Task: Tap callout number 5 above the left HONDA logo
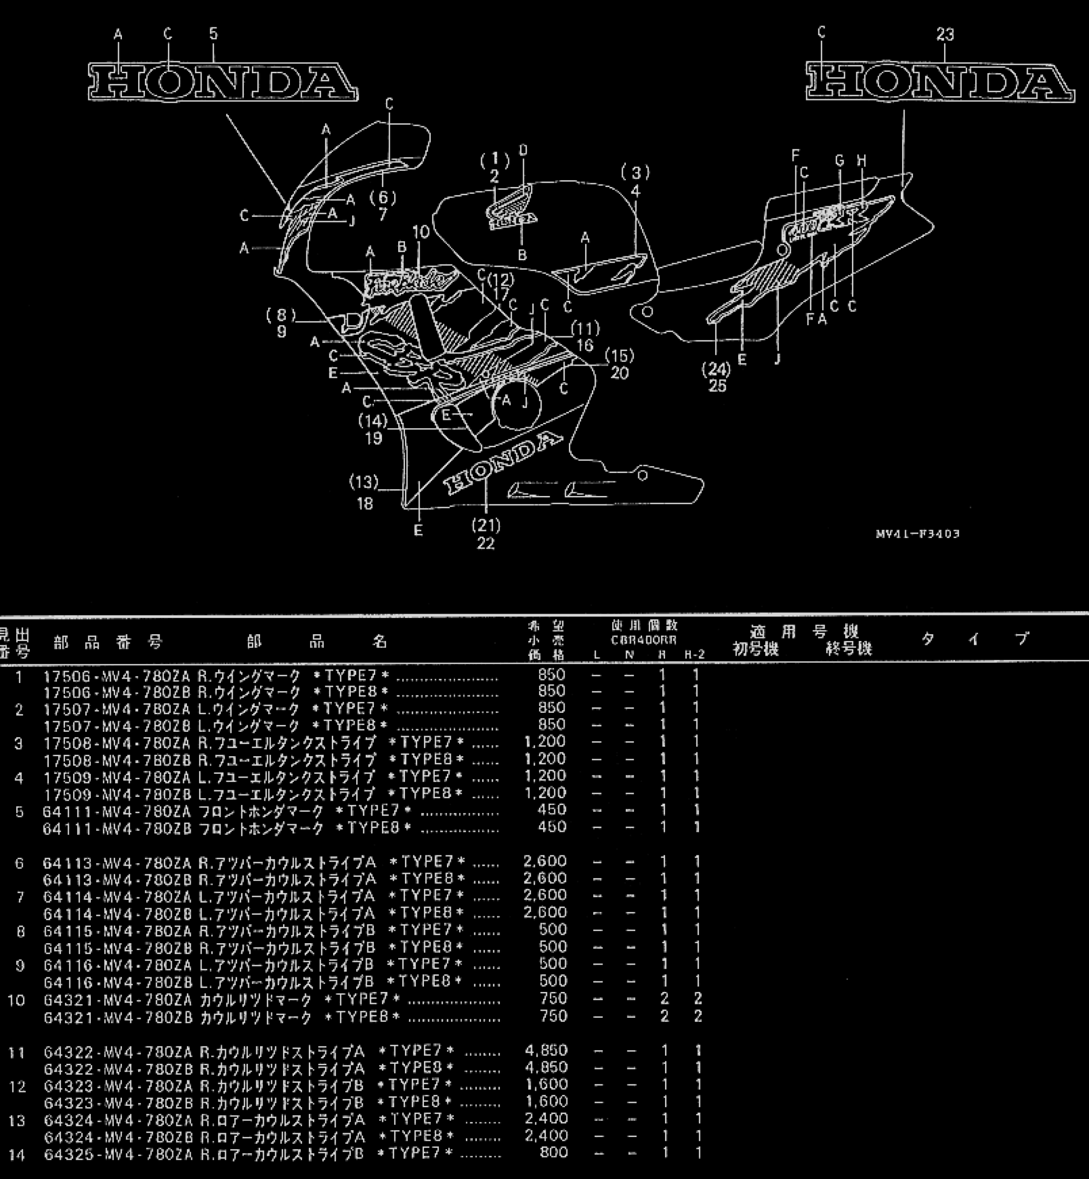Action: coord(213,34)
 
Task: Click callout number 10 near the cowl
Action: coord(421,232)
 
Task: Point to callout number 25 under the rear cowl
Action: coord(717,386)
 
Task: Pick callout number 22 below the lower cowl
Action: coord(486,543)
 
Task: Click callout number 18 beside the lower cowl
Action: coord(365,503)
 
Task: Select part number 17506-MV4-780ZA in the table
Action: coord(117,675)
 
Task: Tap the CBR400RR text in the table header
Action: coord(643,640)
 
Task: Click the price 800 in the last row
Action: coord(554,1152)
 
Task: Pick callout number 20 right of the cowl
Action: coord(620,373)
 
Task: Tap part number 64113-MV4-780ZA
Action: coord(117,863)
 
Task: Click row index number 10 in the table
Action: coord(17,1000)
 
